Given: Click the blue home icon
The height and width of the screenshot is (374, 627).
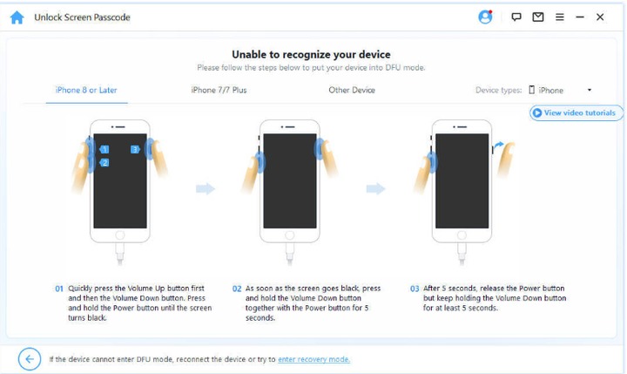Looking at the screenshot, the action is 17,17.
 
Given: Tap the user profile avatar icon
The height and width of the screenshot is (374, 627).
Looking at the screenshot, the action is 485,17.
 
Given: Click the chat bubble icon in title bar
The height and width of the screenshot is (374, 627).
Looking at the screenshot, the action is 516,17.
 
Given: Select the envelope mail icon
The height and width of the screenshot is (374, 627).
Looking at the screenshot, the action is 538,17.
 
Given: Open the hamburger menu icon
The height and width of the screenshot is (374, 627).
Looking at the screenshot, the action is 560,17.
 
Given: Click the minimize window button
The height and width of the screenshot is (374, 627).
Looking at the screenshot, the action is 580,17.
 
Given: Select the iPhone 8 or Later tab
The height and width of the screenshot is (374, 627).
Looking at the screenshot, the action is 86,90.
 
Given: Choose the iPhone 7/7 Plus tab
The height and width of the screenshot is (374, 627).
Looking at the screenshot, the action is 219,90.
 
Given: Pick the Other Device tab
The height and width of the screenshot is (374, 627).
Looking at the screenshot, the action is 352,90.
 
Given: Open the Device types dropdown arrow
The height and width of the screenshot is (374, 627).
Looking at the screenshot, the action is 590,90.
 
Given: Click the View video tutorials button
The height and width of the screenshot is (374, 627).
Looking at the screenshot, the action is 576,113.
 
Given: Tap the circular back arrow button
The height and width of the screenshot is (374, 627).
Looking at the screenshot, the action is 30,359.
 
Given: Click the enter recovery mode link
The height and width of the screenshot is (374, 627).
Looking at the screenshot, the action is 313,359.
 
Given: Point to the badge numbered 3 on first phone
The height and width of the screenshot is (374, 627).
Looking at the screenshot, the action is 135,149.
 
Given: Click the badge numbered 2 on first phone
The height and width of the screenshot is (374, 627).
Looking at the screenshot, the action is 104,162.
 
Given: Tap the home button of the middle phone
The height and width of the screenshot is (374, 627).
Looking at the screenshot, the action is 290,235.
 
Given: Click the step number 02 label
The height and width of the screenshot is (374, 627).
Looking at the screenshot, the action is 237,289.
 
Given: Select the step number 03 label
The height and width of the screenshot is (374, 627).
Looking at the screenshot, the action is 415,289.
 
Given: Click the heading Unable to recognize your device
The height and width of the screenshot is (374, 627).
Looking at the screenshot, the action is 311,54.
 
